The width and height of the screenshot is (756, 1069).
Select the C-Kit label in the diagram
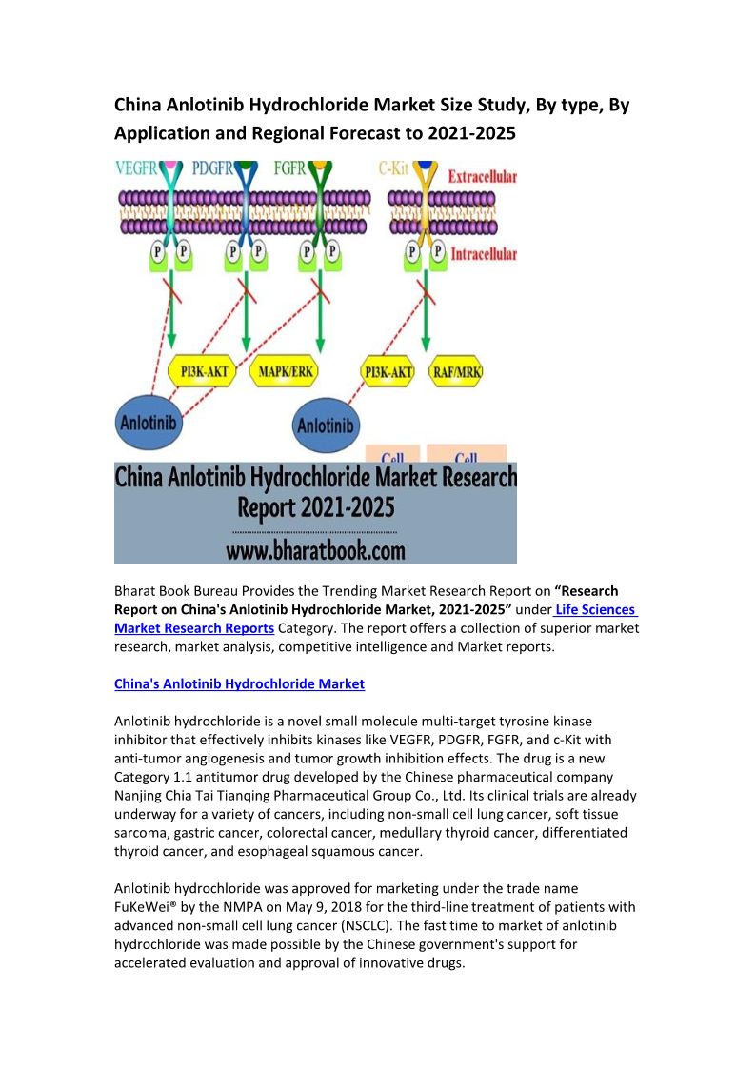[x=394, y=169]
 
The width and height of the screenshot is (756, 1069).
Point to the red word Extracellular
[x=482, y=177]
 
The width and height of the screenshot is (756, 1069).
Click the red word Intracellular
[x=482, y=254]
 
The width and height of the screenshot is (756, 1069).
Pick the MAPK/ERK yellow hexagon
[x=285, y=371]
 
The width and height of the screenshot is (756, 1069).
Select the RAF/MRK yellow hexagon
[x=456, y=371]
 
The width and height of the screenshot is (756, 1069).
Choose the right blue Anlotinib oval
[x=326, y=426]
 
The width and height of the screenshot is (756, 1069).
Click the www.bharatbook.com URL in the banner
[x=315, y=549]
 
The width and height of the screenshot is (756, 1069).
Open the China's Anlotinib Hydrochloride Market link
[x=239, y=683]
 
